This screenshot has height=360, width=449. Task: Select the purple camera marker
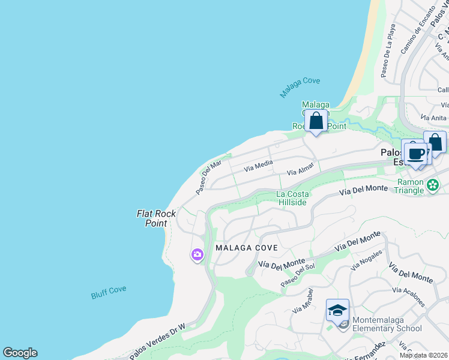(197, 255)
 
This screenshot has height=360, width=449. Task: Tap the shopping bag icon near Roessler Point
(316, 121)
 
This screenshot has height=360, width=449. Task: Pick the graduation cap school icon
(337, 310)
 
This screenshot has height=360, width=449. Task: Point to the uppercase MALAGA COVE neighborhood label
(247, 248)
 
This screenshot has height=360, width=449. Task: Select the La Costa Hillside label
(292, 198)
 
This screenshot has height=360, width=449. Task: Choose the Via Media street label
(258, 166)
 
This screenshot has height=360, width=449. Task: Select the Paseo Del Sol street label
(298, 276)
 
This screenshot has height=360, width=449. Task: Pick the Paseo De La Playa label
(387, 55)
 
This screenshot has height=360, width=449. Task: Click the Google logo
(20, 353)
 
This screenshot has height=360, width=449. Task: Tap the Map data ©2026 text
(424, 355)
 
